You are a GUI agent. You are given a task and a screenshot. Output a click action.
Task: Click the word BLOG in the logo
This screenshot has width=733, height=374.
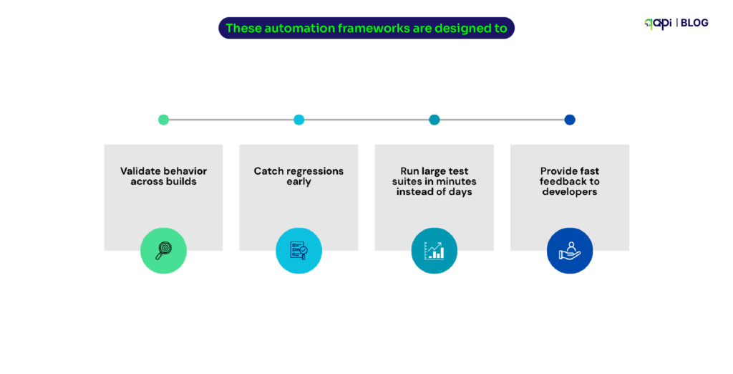(694, 23)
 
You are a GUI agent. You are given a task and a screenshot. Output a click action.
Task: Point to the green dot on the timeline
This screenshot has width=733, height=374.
(163, 120)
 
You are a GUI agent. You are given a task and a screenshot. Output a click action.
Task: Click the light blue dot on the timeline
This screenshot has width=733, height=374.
(298, 120)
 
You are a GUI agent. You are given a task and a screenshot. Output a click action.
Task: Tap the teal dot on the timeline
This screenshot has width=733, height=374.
(434, 120)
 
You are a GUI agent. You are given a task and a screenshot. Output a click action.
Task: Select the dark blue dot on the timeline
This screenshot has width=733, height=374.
(570, 120)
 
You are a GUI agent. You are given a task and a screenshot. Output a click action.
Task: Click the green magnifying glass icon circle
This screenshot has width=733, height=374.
(163, 250)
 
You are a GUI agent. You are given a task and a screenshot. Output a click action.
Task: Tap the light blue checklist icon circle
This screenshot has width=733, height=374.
(298, 250)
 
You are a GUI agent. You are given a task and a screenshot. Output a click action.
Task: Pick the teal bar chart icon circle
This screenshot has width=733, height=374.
(434, 250)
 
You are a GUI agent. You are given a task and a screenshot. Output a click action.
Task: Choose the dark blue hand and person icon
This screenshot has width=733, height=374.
(570, 250)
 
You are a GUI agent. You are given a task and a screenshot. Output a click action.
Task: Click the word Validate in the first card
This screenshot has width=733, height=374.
(141, 171)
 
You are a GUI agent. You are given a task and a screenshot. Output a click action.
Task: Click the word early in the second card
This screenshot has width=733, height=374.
(298, 182)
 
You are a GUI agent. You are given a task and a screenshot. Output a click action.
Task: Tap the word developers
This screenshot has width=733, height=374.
(570, 192)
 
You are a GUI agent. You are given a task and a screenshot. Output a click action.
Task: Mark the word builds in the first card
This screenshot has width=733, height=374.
(182, 182)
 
